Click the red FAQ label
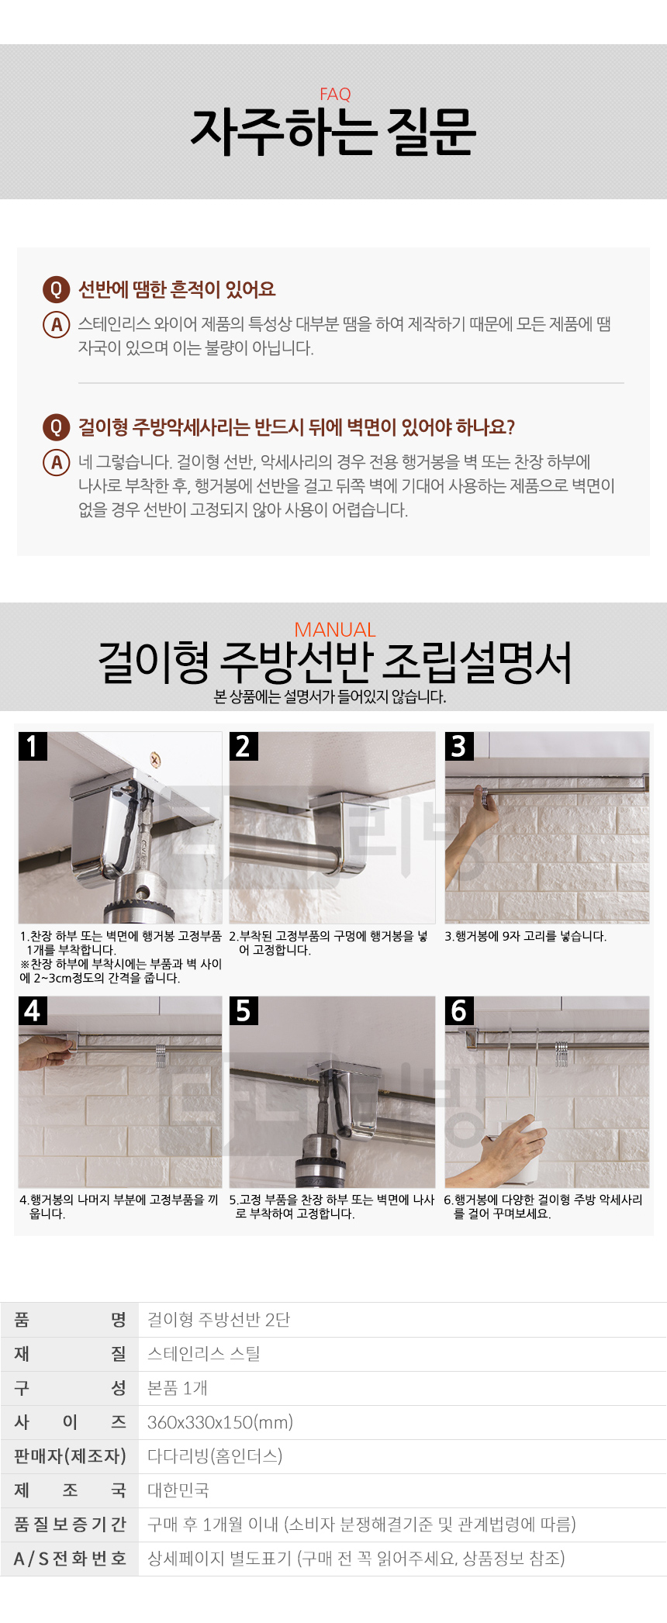335,95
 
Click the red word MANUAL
335,630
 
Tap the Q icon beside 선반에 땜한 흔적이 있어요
56,290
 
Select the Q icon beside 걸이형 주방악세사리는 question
56,427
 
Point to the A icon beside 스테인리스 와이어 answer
56,324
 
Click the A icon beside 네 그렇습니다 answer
56,463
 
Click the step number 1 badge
33,746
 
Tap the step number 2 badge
244,746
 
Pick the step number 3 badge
459,746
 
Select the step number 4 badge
33,1011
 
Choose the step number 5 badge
244,1011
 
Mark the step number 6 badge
459,1011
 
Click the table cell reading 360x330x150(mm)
220,1422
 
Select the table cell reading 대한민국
178,1490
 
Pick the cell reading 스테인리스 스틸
204,1354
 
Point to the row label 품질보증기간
70,1525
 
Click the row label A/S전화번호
70,1559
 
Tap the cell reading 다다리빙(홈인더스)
215,1456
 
